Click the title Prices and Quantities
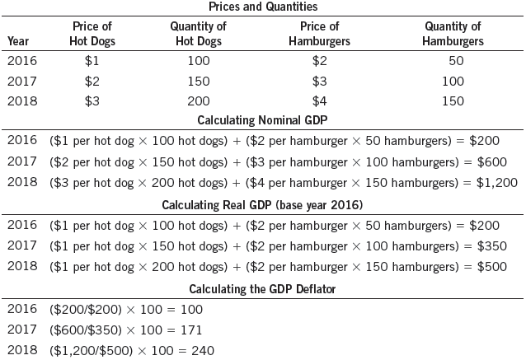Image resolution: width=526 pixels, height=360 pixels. [263, 7]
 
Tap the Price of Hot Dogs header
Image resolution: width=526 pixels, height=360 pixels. [92, 34]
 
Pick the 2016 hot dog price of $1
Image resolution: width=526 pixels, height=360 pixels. [92, 61]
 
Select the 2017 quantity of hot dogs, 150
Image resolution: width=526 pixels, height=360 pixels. [198, 82]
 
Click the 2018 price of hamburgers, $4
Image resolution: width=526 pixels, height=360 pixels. [320, 101]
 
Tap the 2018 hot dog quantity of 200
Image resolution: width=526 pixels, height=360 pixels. [198, 101]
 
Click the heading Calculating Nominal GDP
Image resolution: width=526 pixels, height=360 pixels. [263, 121]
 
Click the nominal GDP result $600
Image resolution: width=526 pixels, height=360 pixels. [490, 161]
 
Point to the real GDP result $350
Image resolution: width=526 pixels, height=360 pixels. [490, 245]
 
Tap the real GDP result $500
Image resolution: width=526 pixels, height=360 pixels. [490, 266]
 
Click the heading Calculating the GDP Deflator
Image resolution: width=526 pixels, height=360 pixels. [263, 288]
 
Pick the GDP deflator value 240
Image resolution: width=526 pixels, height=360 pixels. [202, 351]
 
